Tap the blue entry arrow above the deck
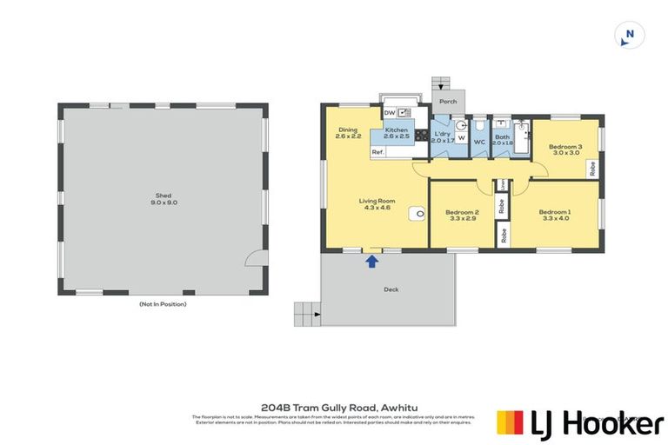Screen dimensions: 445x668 pyautogui.click(x=372, y=259)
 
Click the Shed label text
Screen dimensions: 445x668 pyautogui.click(x=163, y=196)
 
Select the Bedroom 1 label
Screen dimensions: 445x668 pyautogui.click(x=554, y=212)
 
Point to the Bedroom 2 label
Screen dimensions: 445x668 pyautogui.click(x=462, y=212)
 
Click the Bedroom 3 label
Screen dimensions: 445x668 pyautogui.click(x=564, y=147)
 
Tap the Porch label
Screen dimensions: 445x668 pyautogui.click(x=448, y=102)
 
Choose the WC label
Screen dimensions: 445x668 pyautogui.click(x=478, y=142)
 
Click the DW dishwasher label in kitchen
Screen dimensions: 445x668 pyautogui.click(x=389, y=113)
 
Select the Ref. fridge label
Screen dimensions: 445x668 pyautogui.click(x=377, y=152)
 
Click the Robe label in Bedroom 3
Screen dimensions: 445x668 pyautogui.click(x=592, y=168)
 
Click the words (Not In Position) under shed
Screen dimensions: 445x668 pyautogui.click(x=163, y=304)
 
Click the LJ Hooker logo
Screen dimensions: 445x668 pyautogui.click(x=578, y=422)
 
